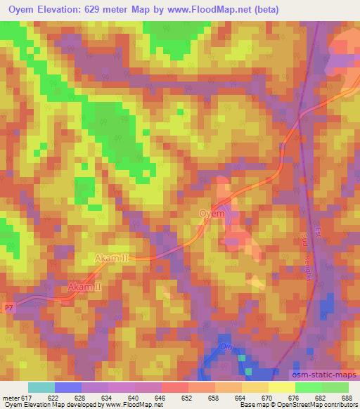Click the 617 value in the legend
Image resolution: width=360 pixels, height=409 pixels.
25,398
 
